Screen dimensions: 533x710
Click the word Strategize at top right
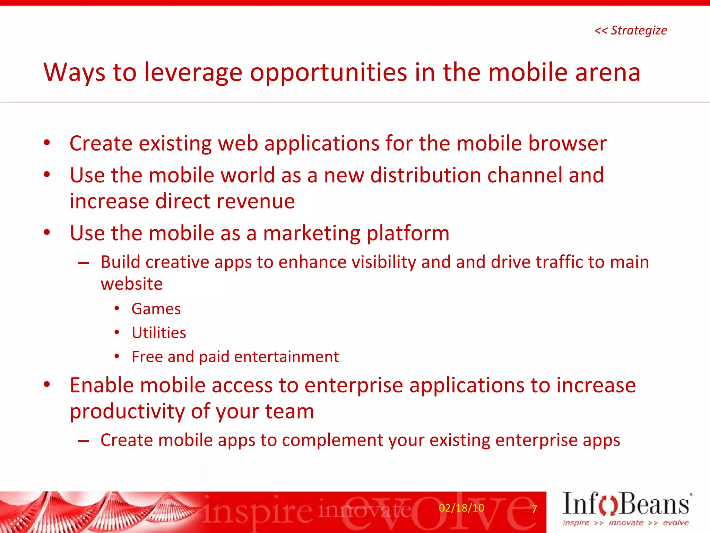click(639, 31)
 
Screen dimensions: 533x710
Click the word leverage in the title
click(193, 73)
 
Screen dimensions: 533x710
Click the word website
click(132, 284)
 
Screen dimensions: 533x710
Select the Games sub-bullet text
click(156, 309)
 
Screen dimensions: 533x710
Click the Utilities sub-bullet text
click(159, 333)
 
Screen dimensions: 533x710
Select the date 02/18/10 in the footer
click(461, 508)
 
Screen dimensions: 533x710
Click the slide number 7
click(534, 509)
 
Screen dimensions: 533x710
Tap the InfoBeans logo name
click(626, 504)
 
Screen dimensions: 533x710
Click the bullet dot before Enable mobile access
click(47, 384)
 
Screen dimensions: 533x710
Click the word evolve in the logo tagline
click(676, 523)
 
